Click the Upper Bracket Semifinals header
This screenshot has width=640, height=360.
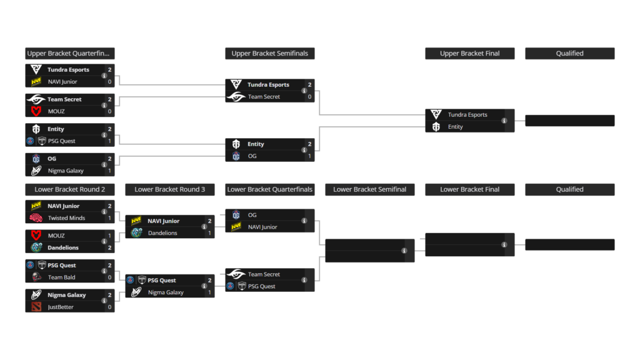(x=269, y=54)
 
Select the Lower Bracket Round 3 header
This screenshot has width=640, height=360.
(x=169, y=189)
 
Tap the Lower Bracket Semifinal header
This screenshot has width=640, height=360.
(x=369, y=189)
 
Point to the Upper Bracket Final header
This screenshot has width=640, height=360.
(x=469, y=54)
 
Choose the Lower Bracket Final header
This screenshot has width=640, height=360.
(x=469, y=189)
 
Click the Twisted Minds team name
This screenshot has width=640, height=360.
(x=66, y=218)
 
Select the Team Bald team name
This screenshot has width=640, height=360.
(x=61, y=277)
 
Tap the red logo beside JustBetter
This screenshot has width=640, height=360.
(x=36, y=307)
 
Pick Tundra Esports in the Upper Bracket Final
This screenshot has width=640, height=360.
(x=467, y=115)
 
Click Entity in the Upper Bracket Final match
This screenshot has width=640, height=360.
(x=455, y=127)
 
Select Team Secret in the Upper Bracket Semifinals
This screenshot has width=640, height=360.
(x=264, y=97)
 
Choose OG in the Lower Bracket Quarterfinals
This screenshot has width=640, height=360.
(x=252, y=215)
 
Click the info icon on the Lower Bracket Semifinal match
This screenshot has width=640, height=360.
(x=404, y=251)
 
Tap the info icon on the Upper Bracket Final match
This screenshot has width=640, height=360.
(x=504, y=121)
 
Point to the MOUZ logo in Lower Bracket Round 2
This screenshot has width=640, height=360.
(x=36, y=236)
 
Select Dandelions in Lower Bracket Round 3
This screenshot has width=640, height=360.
(x=162, y=233)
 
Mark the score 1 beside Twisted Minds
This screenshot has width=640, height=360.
(x=109, y=218)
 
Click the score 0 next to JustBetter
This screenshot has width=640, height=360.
(x=109, y=307)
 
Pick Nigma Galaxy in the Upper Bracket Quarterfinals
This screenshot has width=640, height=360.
(x=65, y=171)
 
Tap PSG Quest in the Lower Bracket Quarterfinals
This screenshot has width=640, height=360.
(x=261, y=286)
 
